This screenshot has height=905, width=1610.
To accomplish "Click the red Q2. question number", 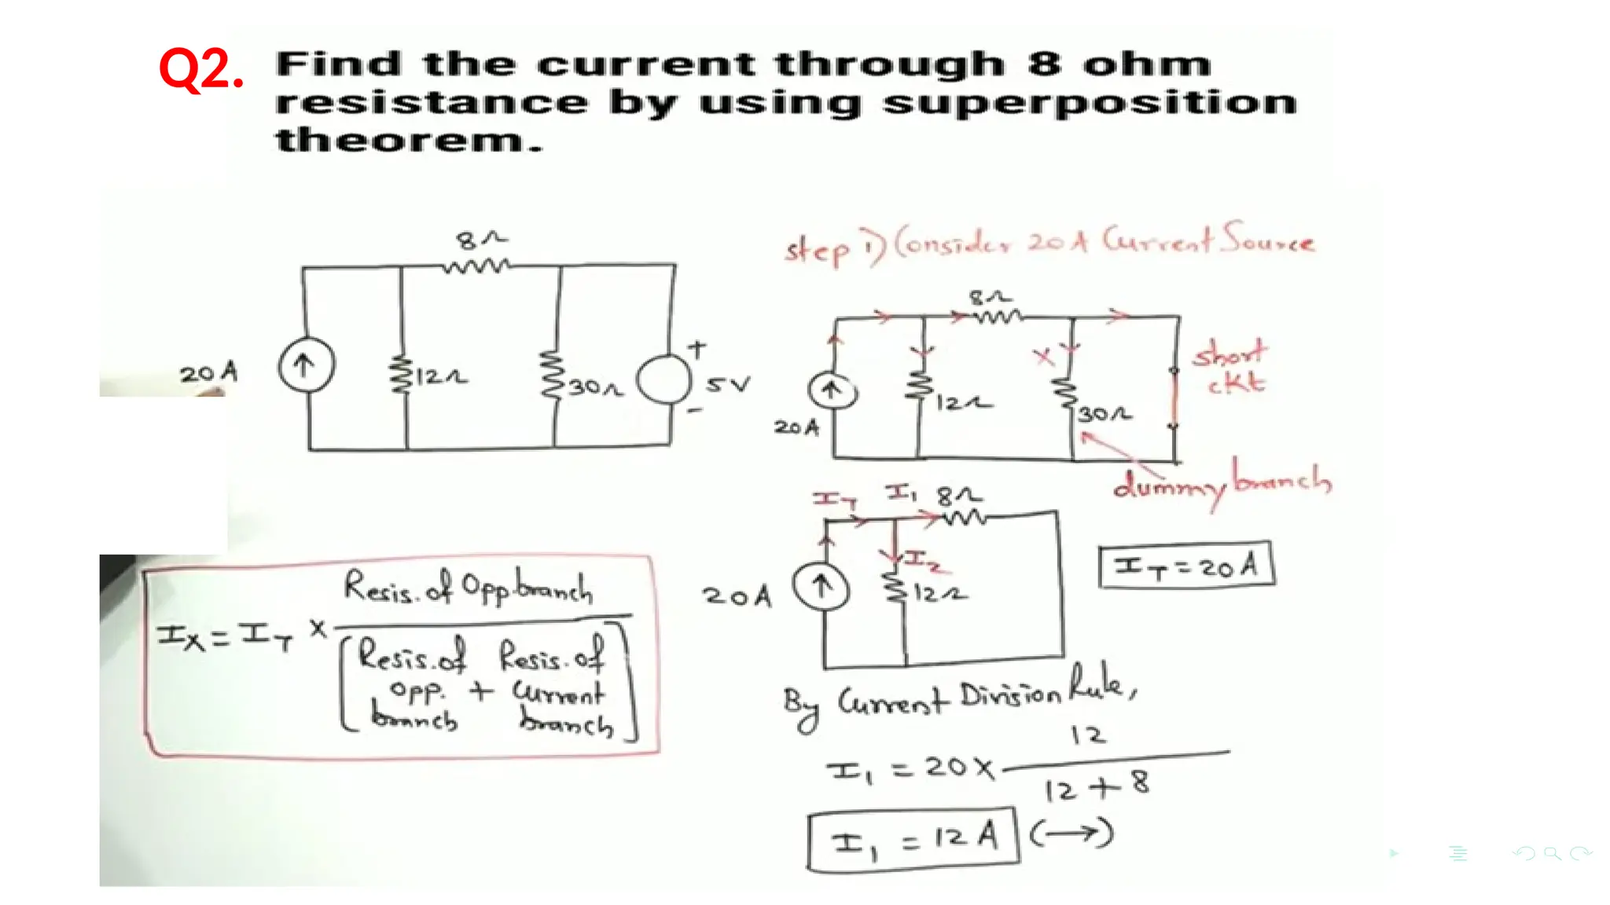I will pos(201,69).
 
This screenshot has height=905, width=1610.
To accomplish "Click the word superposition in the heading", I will pos(1089,103).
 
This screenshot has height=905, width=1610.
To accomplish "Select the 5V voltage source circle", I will pos(664,380).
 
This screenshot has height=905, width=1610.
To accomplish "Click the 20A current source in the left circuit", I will pos(307,365).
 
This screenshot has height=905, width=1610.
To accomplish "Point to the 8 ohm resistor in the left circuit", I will pos(476,266).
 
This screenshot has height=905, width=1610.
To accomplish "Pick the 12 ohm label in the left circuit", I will pos(441,377).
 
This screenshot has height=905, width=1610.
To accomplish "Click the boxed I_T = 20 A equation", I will pos(1186,565).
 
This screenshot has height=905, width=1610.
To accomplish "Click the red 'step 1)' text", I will pos(833,247).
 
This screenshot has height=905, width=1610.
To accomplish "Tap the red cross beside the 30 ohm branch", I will pos(1044,357).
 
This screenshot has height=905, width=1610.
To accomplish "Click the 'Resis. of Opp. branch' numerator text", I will pos(469,588).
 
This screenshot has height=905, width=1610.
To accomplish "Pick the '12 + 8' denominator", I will pos(1097,786).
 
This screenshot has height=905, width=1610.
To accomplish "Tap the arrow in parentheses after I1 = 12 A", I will pos(1071,834).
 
